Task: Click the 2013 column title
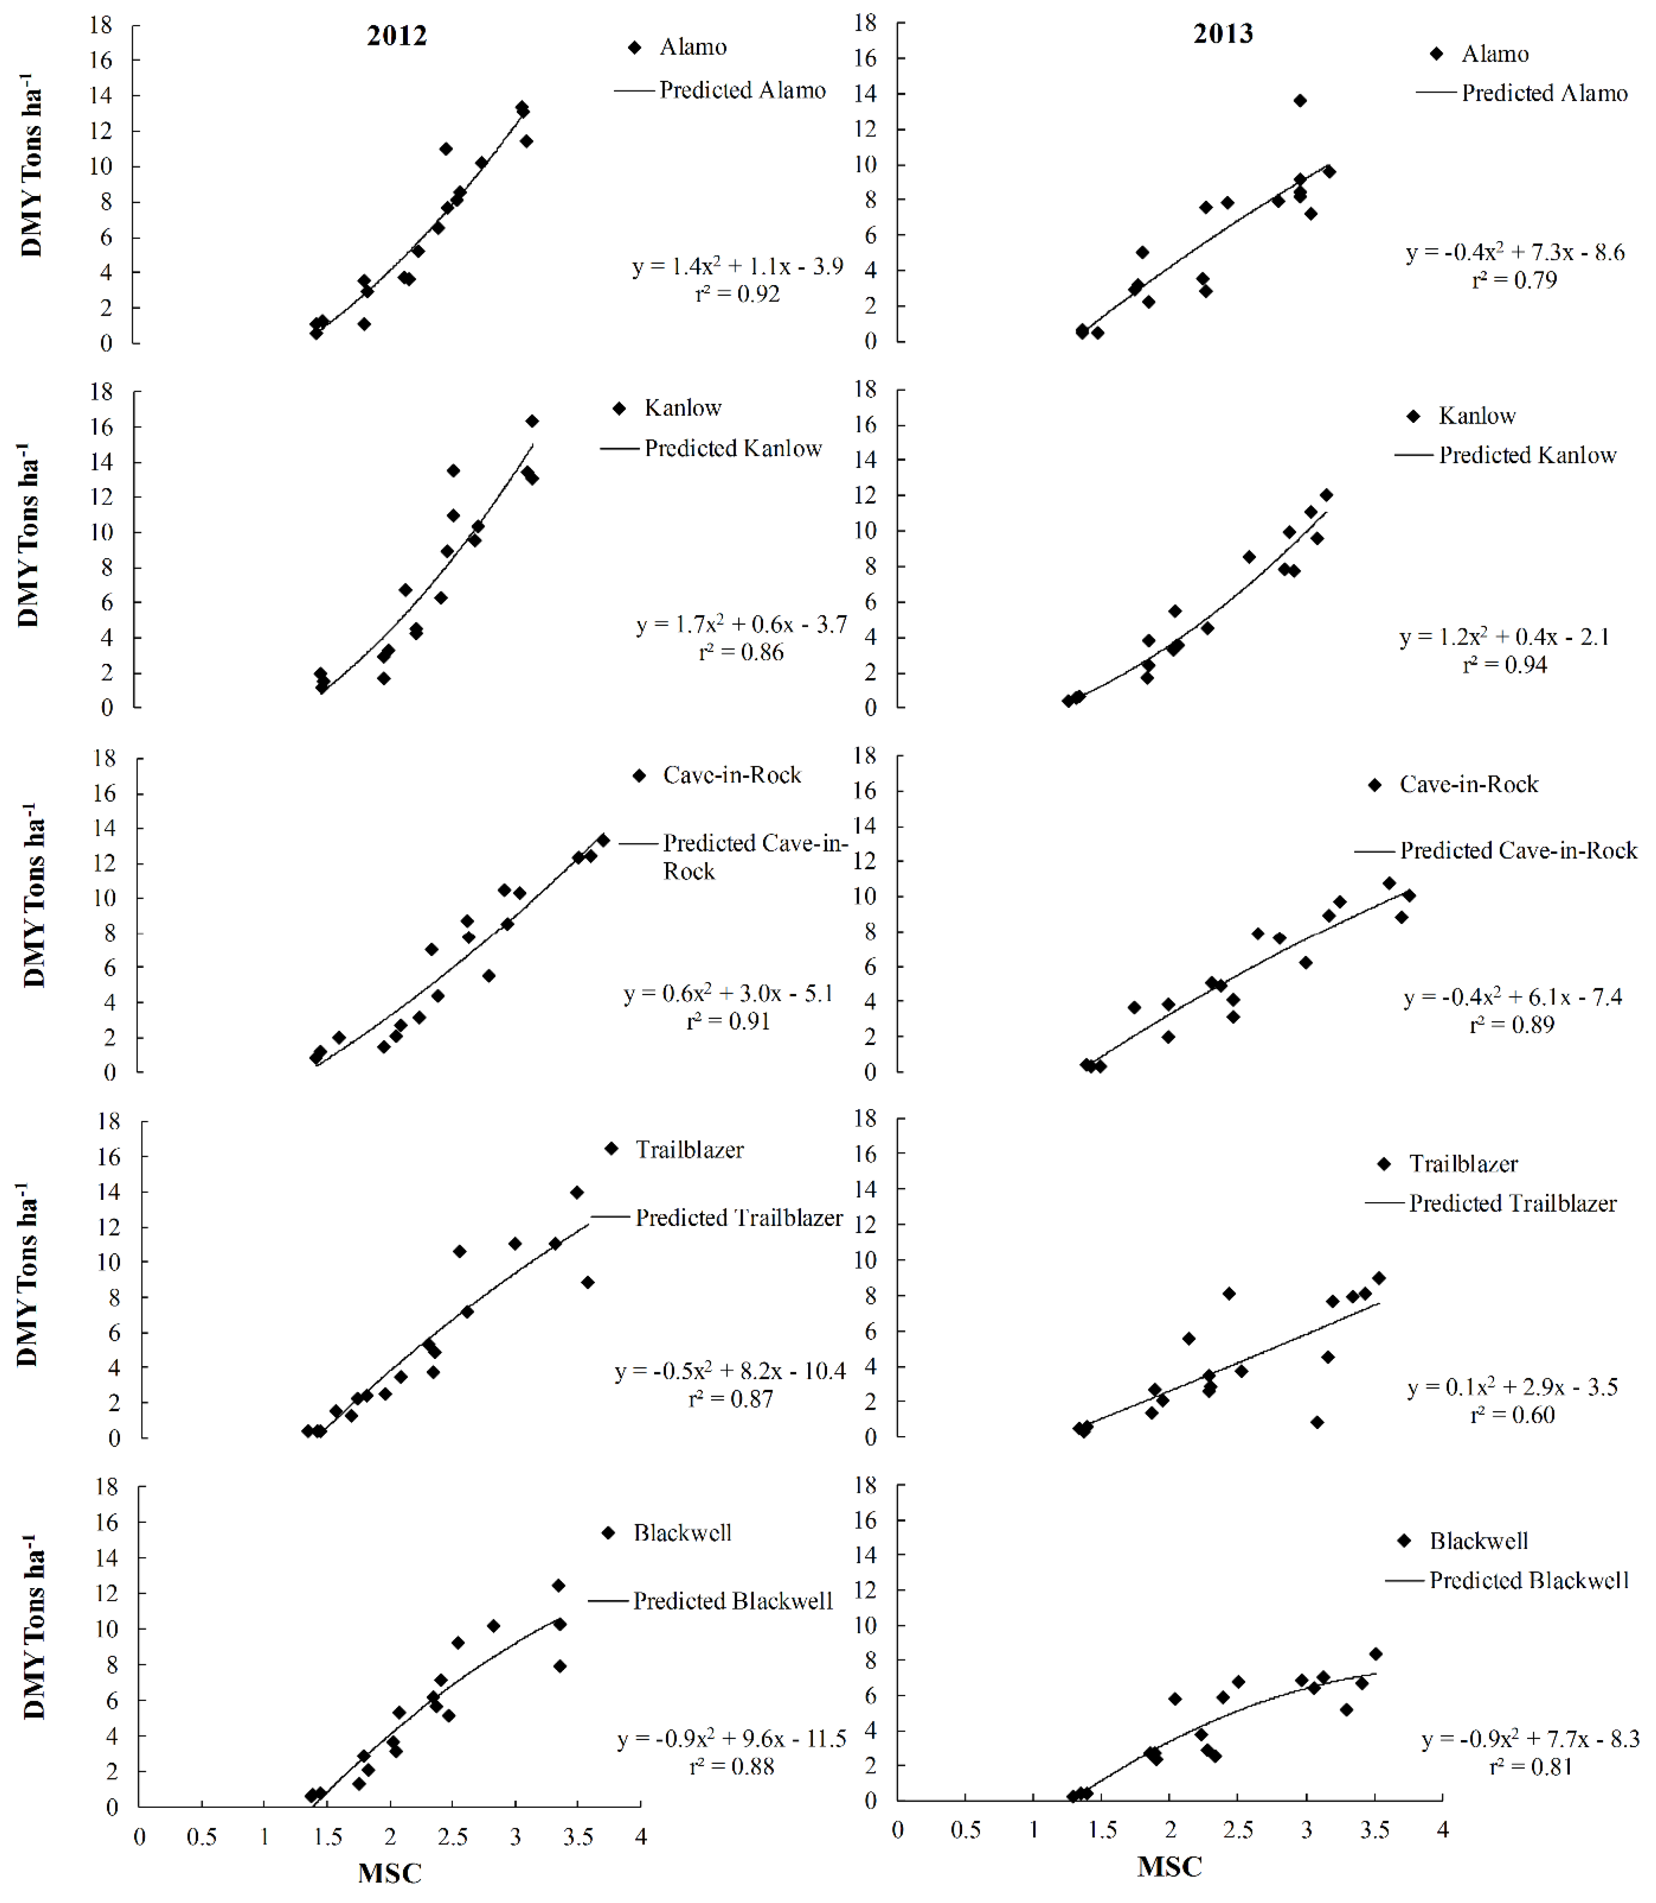pyautogui.click(x=1223, y=34)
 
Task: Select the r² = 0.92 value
pyautogui.click(x=738, y=294)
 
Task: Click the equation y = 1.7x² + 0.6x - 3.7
pyautogui.click(x=741, y=625)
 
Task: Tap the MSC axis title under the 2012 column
pyautogui.click(x=389, y=1873)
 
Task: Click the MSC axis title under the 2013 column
pyautogui.click(x=1169, y=1866)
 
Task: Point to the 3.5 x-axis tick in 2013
pyautogui.click(x=1374, y=1830)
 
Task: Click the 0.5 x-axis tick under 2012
pyautogui.click(x=201, y=1837)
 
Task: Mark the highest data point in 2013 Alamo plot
pyautogui.click(x=1299, y=101)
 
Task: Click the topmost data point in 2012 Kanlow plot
pyautogui.click(x=531, y=421)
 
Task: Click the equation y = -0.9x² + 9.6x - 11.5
pyautogui.click(x=732, y=1740)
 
